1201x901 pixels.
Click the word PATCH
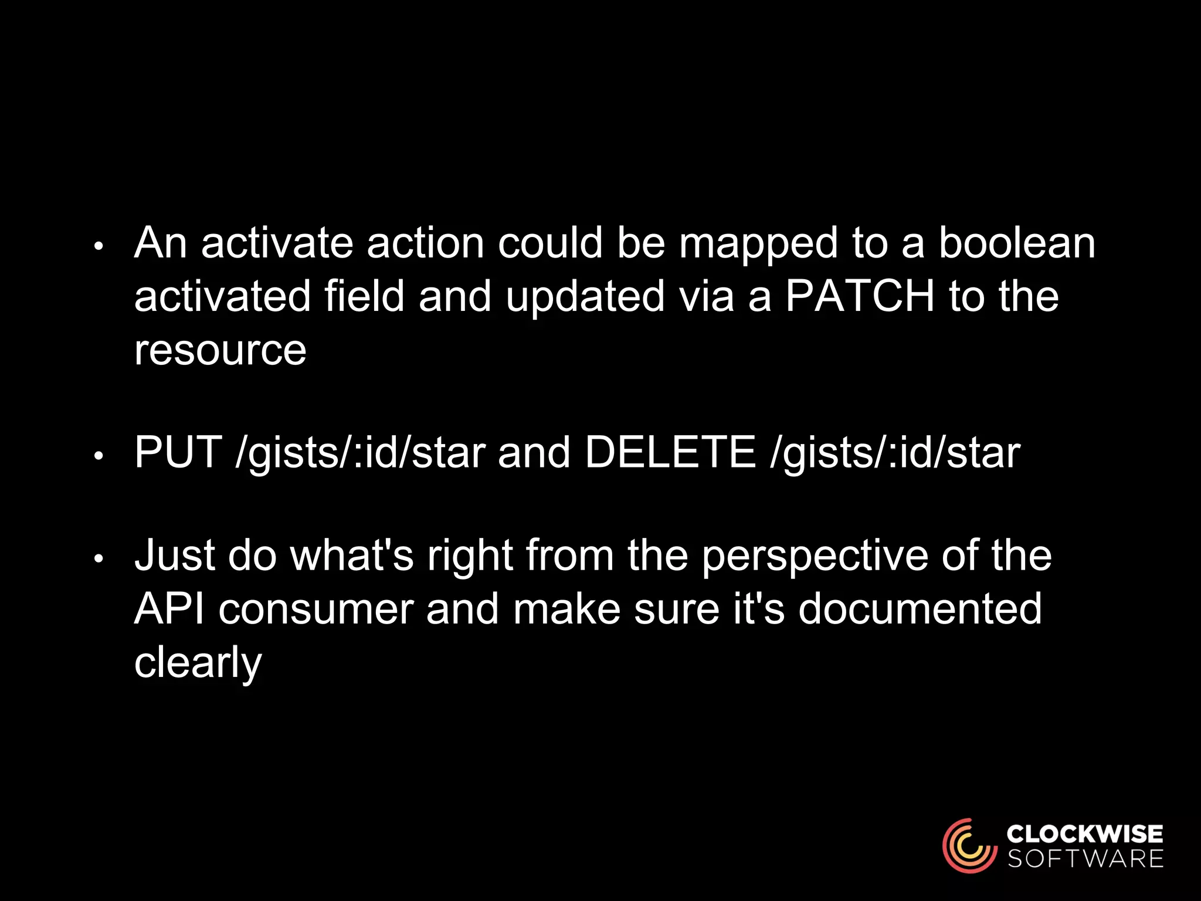[859, 296]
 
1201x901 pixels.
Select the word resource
[220, 350]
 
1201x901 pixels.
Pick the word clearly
[198, 663]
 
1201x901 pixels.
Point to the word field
[364, 296]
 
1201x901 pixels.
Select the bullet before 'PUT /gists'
[99, 456]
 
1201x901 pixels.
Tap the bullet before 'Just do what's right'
[99, 559]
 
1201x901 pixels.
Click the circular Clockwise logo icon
[969, 845]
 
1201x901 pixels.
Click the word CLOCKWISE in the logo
[1085, 834]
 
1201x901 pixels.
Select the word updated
[585, 296]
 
